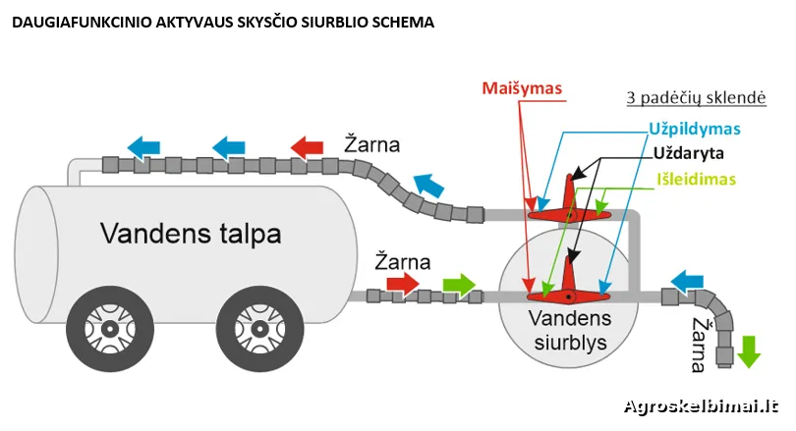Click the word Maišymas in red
click(x=522, y=88)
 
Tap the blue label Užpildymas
click(x=694, y=129)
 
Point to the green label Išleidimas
click(x=695, y=181)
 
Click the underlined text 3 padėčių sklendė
click(x=696, y=99)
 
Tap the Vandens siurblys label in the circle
click(x=569, y=331)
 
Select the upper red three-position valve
click(x=569, y=200)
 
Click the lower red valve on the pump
click(x=569, y=290)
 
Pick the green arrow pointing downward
click(x=749, y=350)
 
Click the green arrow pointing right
click(x=458, y=285)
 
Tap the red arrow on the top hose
click(x=306, y=147)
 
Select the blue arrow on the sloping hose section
click(x=427, y=184)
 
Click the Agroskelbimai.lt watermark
click(x=701, y=405)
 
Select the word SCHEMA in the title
click(x=399, y=21)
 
